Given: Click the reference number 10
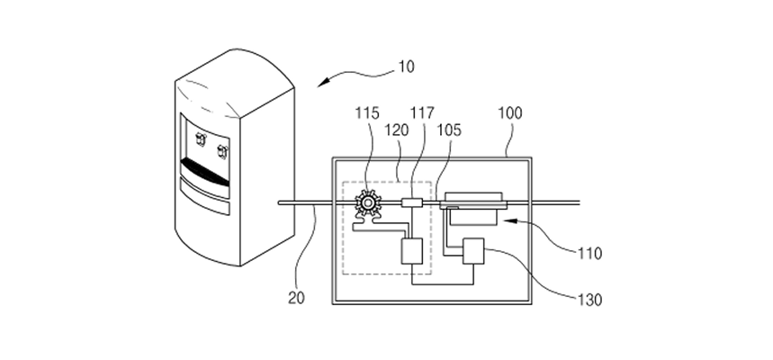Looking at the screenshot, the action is (406, 67).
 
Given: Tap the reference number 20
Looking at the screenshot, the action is (296, 298).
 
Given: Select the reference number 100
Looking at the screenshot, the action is (509, 112).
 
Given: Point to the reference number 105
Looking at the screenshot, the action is (449, 130).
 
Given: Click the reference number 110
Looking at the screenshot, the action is (590, 254).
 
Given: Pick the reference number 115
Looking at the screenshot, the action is (367, 112).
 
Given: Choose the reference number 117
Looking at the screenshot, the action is (422, 112).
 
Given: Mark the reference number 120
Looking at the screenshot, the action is (396, 130).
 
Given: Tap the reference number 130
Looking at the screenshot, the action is (589, 300).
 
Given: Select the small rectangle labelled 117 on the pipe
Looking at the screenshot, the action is (411, 202).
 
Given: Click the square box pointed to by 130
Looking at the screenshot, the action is (473, 251).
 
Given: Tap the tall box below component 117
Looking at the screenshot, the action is (411, 251).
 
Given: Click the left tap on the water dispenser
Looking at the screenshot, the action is (201, 139).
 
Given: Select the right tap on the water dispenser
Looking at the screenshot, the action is (223, 151).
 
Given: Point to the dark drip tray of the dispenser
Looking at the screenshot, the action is (205, 172).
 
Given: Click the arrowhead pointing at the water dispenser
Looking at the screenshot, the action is (323, 83).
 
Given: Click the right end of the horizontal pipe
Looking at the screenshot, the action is (579, 202).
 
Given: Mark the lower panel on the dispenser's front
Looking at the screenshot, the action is (205, 197).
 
